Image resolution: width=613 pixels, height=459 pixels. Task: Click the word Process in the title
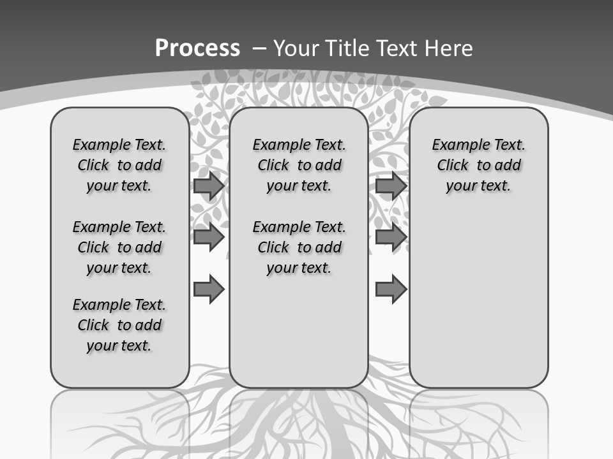click(x=197, y=48)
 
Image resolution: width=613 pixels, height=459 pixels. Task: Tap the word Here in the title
click(x=446, y=48)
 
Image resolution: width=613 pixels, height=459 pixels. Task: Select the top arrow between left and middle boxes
click(x=209, y=186)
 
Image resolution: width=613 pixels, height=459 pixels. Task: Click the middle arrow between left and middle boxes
click(x=209, y=237)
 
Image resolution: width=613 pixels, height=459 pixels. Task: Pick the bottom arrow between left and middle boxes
click(x=209, y=289)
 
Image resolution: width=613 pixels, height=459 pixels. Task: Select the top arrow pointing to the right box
click(x=391, y=186)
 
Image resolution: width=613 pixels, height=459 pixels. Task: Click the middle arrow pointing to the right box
click(x=391, y=237)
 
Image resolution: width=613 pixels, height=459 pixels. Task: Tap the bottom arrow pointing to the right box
click(x=391, y=289)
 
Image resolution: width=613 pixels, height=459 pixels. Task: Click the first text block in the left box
click(x=119, y=165)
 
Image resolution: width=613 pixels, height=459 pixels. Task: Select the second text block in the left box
click(x=119, y=247)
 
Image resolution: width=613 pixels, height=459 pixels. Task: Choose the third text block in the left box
click(x=119, y=325)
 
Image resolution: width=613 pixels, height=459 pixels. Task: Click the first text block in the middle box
click(x=299, y=165)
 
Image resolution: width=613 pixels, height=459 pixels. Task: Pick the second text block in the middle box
click(x=299, y=247)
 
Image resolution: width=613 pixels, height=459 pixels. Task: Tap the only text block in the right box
click(x=478, y=165)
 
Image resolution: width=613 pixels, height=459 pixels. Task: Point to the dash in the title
click(x=260, y=48)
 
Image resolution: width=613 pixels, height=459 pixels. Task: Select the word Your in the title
click(x=296, y=48)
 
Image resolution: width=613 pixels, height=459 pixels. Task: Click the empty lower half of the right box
click(x=478, y=306)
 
